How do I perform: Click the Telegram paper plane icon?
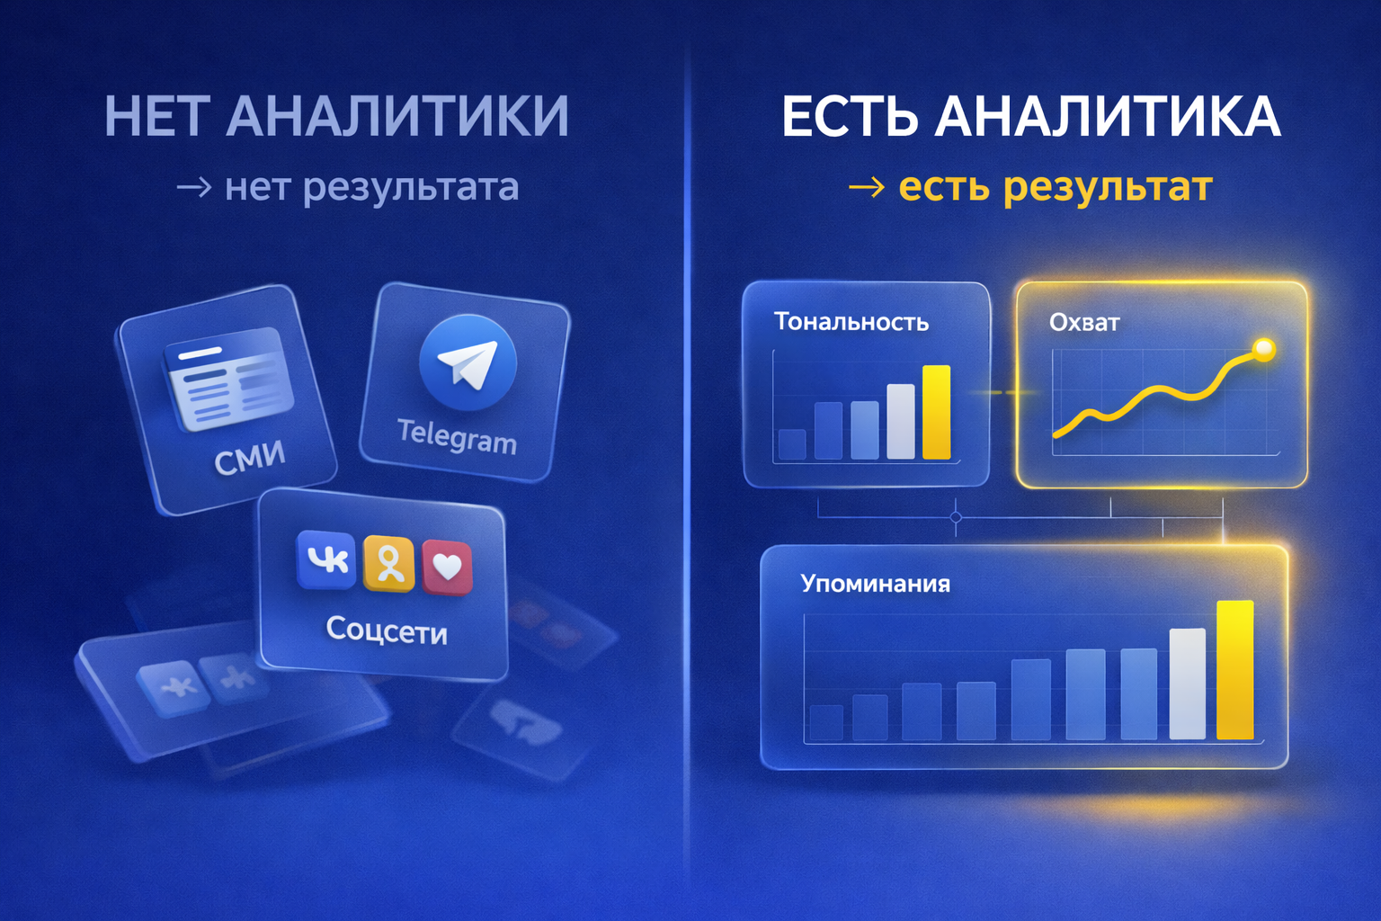[x=468, y=362]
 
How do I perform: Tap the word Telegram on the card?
[x=457, y=436]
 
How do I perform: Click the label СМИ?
[x=249, y=458]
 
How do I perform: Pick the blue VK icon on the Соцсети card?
[x=326, y=559]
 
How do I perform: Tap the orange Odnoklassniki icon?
[x=388, y=564]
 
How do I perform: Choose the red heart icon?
[x=447, y=567]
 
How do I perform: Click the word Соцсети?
[x=387, y=630]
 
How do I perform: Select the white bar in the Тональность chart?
[x=900, y=421]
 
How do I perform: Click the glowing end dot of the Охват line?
[x=1264, y=348]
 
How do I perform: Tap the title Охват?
[x=1084, y=322]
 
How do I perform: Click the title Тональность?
[x=851, y=322]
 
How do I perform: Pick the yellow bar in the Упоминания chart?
[x=1234, y=669]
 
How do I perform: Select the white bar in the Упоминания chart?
[x=1187, y=684]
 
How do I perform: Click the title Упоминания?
[x=875, y=584]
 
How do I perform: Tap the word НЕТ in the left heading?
[x=158, y=117]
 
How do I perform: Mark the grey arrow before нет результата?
[x=194, y=187]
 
